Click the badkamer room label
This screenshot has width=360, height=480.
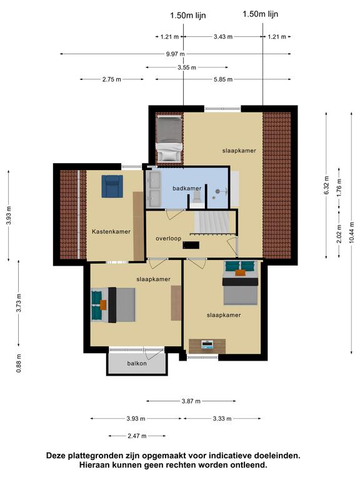tap(187, 188)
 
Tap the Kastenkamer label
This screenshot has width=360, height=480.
tap(111, 232)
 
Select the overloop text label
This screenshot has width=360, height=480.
tap(168, 239)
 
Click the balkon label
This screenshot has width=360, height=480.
tap(137, 363)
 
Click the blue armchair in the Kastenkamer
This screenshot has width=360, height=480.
tap(112, 186)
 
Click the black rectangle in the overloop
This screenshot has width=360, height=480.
tap(191, 245)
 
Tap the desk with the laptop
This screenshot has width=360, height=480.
tap(207, 346)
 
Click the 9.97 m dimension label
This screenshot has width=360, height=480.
tap(176, 54)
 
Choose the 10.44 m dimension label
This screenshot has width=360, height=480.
tap(351, 232)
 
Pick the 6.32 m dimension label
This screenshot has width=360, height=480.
tap(326, 185)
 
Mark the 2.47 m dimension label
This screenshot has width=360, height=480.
tap(137, 436)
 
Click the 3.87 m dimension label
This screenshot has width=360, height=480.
tap(191, 401)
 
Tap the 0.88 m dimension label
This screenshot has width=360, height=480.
tap(19, 363)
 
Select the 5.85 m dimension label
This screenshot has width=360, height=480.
tap(223, 79)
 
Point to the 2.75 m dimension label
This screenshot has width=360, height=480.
tap(112, 79)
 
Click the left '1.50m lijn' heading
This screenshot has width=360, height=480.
tap(188, 15)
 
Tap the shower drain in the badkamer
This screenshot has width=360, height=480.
tap(217, 191)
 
